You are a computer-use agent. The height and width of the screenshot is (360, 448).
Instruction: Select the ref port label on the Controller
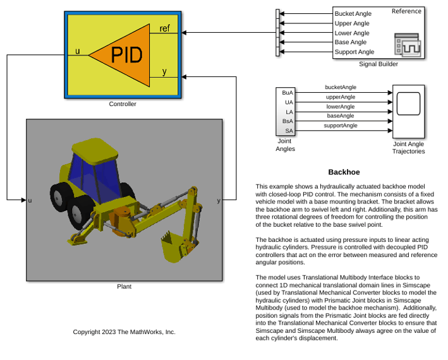pos(164,28)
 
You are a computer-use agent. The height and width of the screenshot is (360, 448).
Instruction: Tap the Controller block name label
pos(123,104)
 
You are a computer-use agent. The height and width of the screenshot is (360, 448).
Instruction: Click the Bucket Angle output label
pos(353,14)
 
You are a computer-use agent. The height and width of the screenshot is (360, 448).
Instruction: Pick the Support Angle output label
pos(354,52)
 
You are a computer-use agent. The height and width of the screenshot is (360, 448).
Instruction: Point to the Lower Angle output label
pos(352,33)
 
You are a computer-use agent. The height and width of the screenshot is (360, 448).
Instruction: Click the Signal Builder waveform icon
pos(408,45)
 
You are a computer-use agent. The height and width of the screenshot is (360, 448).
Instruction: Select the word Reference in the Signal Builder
pos(406,11)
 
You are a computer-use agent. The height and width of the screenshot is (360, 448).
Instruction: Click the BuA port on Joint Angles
pos(288,93)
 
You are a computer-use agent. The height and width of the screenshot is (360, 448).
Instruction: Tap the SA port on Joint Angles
pos(289,131)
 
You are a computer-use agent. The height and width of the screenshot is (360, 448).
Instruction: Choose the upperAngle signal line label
pos(341,97)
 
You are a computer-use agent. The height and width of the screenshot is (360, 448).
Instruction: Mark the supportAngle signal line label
pos(341,126)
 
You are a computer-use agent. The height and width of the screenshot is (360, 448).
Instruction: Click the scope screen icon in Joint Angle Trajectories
pos(409,104)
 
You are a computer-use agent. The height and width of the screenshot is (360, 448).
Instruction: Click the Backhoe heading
pos(344,172)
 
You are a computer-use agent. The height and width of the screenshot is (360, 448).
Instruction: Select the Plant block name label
pos(124,286)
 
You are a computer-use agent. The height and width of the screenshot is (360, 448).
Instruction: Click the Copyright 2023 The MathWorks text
pos(124,332)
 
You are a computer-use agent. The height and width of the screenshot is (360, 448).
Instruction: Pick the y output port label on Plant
pos(219,200)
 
